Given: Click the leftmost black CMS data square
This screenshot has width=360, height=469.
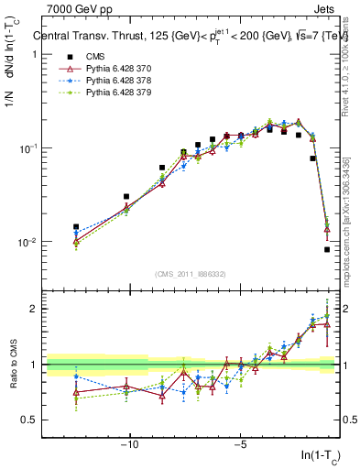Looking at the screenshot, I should coord(76,226).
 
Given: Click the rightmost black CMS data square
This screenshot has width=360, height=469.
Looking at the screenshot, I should coord(327,249).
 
